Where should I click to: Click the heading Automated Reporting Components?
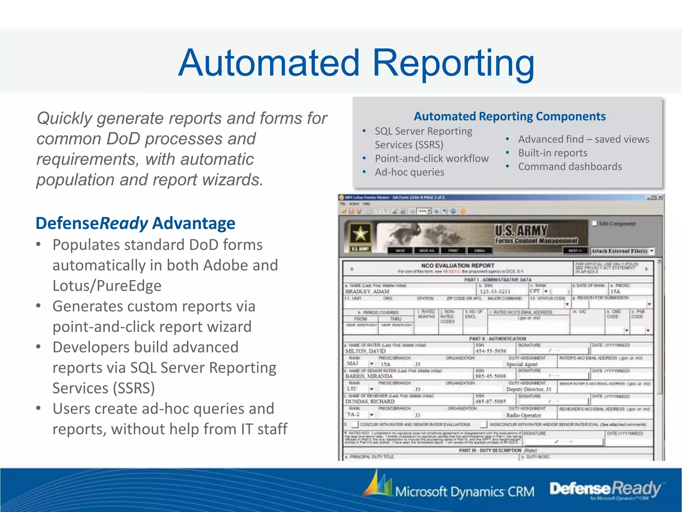510,116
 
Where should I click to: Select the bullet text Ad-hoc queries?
409,172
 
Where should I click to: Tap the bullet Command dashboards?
570,166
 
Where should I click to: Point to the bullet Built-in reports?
552,153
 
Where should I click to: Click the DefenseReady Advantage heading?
135,223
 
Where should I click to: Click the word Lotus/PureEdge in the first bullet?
107,286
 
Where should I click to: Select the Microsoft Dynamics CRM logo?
450,489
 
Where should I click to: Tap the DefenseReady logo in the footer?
604,489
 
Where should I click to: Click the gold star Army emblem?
360,234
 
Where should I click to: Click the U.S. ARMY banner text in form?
521,230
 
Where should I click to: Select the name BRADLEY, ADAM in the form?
367,291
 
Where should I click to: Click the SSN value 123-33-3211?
495,291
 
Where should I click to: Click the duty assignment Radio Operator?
523,415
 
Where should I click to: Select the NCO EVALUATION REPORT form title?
458,266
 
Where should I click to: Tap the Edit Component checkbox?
595,223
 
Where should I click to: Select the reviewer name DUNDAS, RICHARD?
370,402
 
